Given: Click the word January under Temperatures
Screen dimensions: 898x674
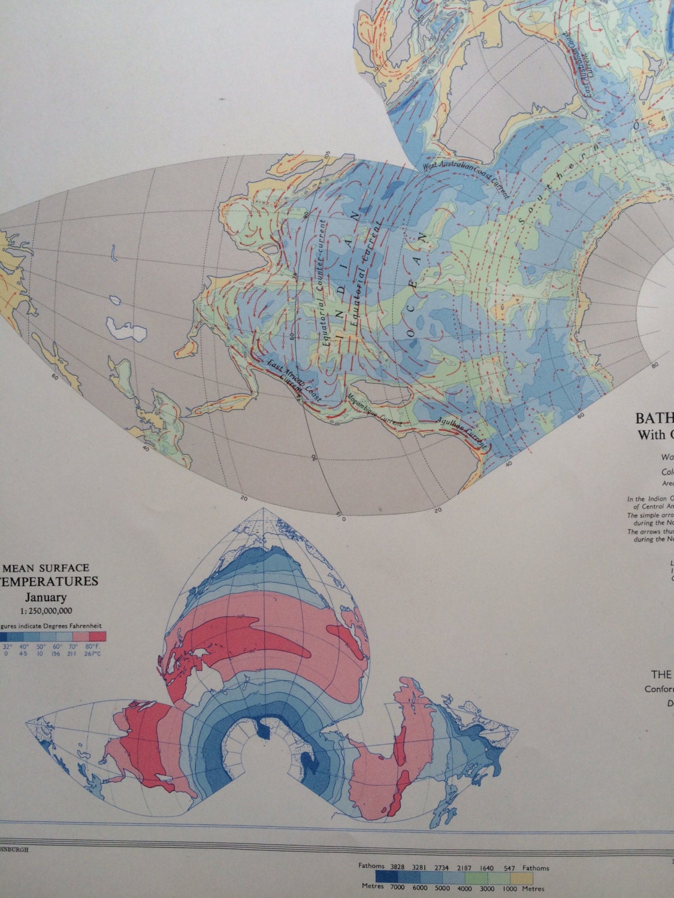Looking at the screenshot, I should pyautogui.click(x=46, y=597).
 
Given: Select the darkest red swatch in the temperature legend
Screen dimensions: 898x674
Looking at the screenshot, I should pyautogui.click(x=97, y=637).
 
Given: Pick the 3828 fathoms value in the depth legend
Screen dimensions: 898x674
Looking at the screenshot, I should pyautogui.click(x=398, y=867).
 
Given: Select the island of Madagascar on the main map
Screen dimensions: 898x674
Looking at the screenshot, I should pyautogui.click(x=386, y=393).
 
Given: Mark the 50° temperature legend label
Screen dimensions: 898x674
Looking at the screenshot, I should pyautogui.click(x=41, y=647).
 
